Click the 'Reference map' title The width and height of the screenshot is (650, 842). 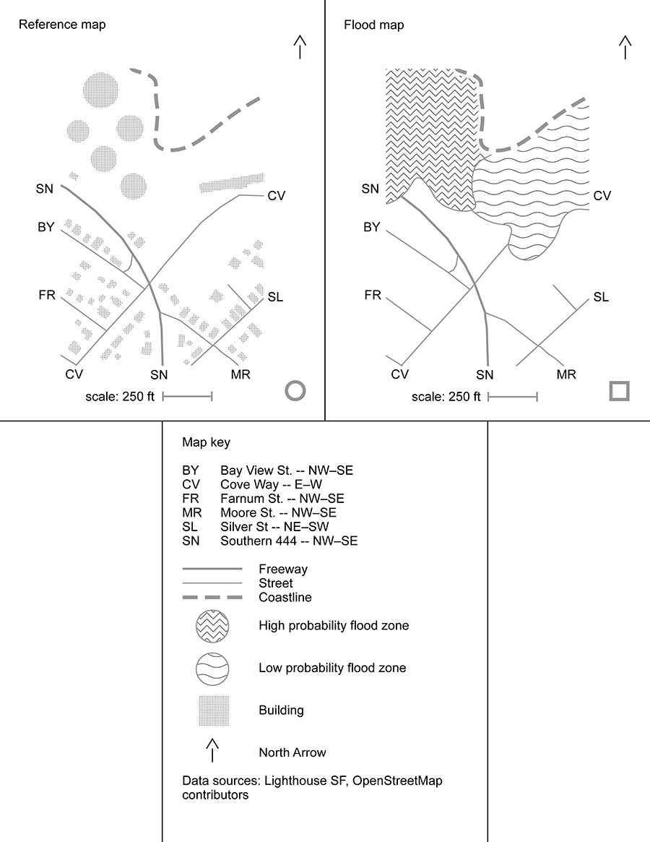coord(62,25)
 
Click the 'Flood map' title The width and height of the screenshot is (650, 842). coord(373,25)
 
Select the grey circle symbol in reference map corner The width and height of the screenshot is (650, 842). coord(295,391)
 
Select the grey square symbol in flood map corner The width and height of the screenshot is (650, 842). coord(620,391)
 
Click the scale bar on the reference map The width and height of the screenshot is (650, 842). coord(187,396)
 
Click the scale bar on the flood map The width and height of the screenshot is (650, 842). coord(513,396)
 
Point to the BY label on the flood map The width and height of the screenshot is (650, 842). coord(371,228)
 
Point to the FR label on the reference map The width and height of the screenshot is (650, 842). coord(47,295)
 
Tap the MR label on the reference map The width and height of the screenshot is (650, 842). coord(240,374)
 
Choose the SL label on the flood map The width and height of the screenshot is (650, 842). coord(601,297)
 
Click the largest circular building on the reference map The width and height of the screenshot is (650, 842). coord(100,91)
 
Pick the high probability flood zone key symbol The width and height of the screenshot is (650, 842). coord(212,626)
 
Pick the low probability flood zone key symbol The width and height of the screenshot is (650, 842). coord(212,668)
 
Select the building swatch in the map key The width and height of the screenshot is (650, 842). coord(214,710)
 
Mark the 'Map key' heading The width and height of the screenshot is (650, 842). coord(206,442)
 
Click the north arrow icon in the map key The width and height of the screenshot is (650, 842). coord(212,751)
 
